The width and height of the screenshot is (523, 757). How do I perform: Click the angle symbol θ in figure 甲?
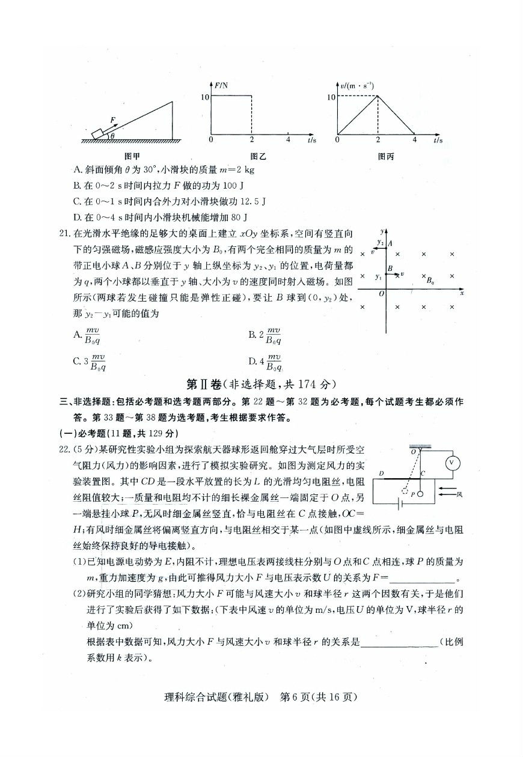click(x=111, y=136)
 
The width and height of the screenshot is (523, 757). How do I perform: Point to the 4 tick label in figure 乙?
click(x=288, y=140)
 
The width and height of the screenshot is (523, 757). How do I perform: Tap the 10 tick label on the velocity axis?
click(x=331, y=96)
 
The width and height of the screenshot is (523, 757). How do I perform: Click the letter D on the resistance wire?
click(x=381, y=473)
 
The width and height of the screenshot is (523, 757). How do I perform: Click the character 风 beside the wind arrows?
click(x=459, y=494)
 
